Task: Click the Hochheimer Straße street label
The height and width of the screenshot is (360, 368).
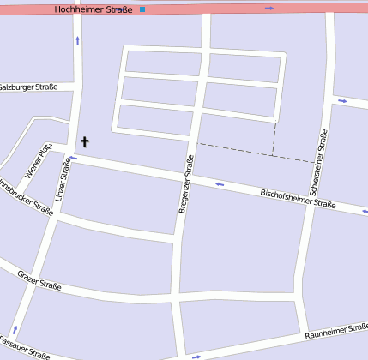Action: tap(93, 9)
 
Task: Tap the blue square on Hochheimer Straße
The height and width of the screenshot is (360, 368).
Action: tap(142, 9)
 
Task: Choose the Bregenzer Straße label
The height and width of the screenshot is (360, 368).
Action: tap(185, 183)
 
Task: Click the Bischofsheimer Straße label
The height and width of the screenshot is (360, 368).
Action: tap(297, 199)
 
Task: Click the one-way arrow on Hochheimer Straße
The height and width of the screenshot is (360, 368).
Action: tap(269, 9)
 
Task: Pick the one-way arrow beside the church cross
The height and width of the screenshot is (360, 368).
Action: tap(74, 158)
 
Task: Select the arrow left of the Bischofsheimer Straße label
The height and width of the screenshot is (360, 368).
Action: tap(220, 183)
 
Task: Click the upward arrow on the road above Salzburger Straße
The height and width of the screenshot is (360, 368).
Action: tap(77, 40)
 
